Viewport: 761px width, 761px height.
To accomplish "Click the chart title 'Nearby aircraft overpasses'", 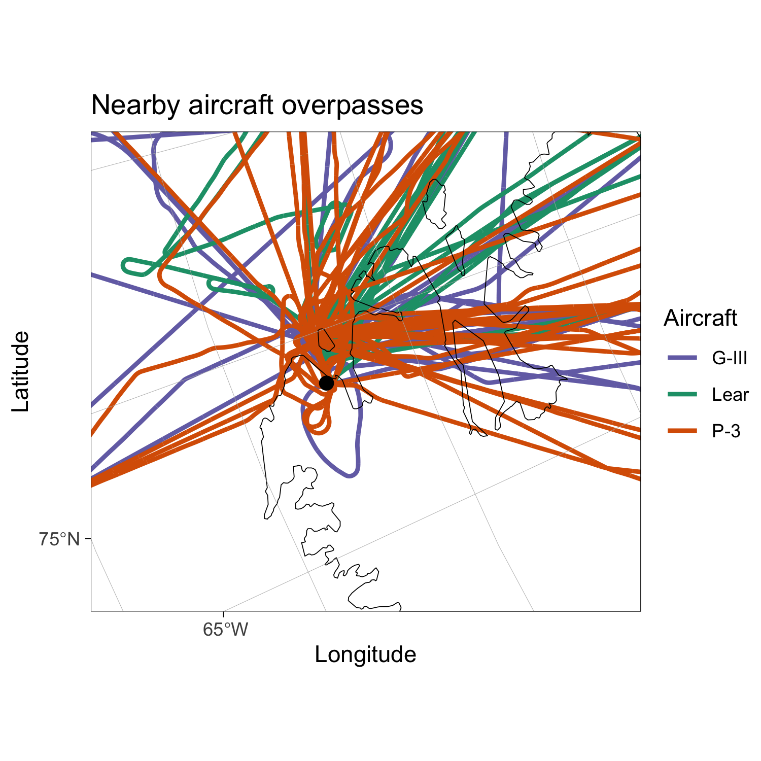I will tap(257, 106).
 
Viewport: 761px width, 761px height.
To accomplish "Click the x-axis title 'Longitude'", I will tap(365, 654).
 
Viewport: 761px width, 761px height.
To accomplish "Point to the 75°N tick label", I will tap(59, 539).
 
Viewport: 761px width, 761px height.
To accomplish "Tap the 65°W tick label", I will tap(225, 630).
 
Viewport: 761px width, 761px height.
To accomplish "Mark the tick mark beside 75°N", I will tap(89, 538).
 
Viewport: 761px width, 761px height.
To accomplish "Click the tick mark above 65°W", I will tap(223, 613).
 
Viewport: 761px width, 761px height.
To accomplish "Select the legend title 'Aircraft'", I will tap(700, 318).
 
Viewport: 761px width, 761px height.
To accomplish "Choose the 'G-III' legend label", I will tap(730, 358).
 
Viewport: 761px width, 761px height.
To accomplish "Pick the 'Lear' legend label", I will tap(730, 395).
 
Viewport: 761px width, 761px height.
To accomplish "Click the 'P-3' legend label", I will tap(726, 431).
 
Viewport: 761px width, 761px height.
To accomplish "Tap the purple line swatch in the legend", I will tap(682, 358).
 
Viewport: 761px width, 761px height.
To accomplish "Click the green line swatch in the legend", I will tap(682, 395).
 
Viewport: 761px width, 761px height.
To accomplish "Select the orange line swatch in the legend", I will tap(682, 431).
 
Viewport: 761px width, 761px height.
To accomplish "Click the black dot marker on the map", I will tap(327, 383).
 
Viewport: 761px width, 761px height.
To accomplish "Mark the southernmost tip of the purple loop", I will tap(349, 475).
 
